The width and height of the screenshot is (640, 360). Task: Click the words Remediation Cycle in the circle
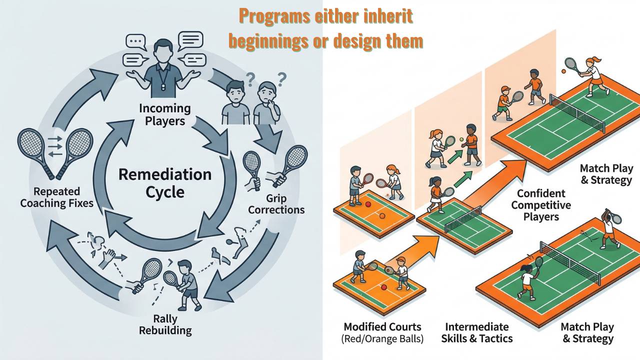[x=164, y=183]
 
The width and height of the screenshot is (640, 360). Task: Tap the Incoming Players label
[x=165, y=114]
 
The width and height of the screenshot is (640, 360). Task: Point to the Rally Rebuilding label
[x=165, y=324]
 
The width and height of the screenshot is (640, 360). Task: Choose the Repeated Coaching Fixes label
[x=57, y=197]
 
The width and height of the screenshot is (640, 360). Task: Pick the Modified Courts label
[x=382, y=327]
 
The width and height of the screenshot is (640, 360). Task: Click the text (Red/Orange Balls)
[x=382, y=338]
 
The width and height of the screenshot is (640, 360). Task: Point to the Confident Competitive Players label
[x=541, y=205]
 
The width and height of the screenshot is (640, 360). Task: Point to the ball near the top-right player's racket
[x=563, y=72]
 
